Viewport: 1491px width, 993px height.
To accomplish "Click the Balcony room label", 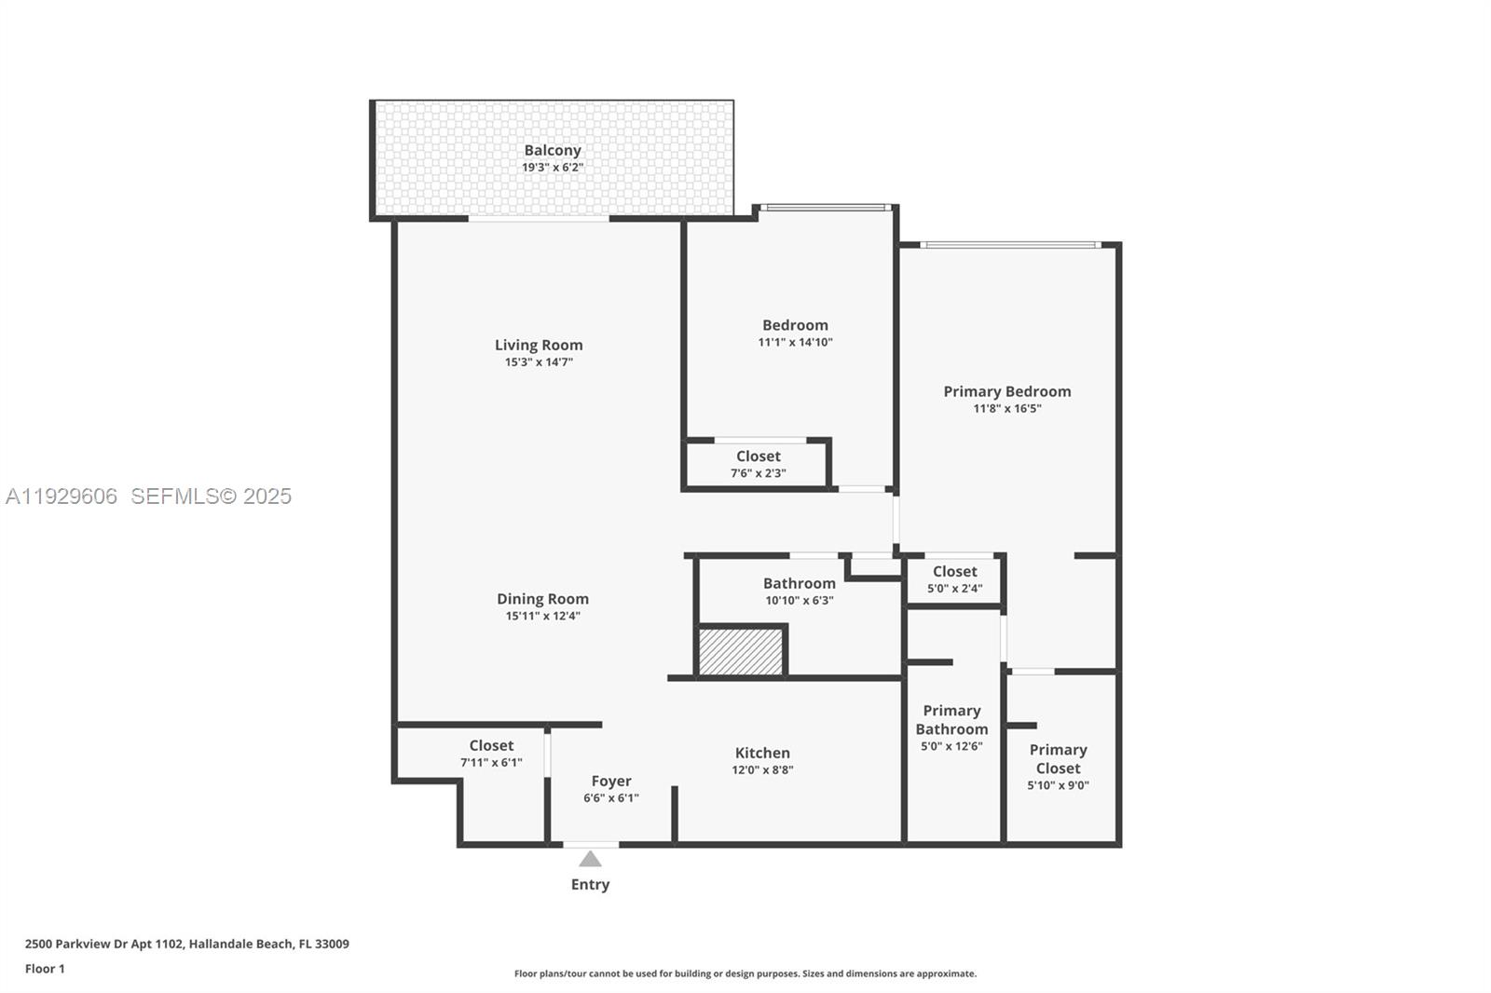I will coord(552,150).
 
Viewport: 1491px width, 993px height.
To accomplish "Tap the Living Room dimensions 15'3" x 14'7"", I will coord(539,362).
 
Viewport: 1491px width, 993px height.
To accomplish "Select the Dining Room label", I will coord(542,599).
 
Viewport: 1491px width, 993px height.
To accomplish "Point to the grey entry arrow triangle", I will coord(590,859).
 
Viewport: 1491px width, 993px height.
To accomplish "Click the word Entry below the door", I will coord(590,885).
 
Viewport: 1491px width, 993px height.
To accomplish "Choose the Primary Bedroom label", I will coord(1006,391).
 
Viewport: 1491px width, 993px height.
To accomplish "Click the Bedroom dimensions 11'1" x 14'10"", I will coord(795,343).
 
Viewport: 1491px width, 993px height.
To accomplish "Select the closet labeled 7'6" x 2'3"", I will coord(758,464).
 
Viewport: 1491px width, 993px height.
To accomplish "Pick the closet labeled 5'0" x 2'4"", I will coord(954,579).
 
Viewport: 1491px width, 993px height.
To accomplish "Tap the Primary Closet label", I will coord(1058,759).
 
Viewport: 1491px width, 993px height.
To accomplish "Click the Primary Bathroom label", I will coord(951,720).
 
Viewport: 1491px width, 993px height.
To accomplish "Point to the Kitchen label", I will coord(762,753).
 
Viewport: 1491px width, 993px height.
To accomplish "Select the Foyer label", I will coord(611,781).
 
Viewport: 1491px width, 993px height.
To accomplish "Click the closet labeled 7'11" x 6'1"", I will coord(491,754).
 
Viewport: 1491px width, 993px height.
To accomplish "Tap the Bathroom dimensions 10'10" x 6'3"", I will coord(799,601).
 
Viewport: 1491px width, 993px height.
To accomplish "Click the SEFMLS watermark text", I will coord(211,496).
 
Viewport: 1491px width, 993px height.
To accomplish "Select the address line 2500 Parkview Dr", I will coord(186,944).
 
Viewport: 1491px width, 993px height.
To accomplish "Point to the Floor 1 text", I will coord(45,969).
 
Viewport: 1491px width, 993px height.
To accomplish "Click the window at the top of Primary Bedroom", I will coord(1010,245).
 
